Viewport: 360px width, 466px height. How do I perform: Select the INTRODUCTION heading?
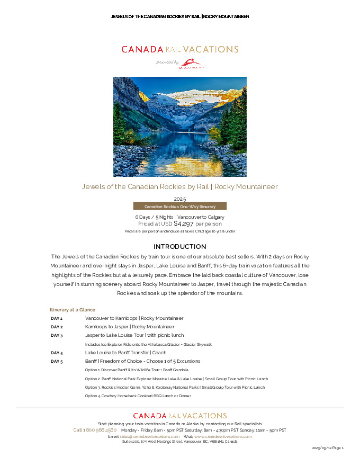(x=179, y=247)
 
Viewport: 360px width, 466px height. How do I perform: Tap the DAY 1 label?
(x=57, y=318)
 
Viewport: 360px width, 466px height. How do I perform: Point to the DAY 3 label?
(x=57, y=335)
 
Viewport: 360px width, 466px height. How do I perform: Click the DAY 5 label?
(x=57, y=361)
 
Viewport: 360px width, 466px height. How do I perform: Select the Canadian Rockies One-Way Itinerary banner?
(x=179, y=206)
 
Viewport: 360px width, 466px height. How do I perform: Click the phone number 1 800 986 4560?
(x=95, y=430)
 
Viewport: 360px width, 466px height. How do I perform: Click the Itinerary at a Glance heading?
(x=73, y=309)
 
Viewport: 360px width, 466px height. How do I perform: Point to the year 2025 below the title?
(x=179, y=199)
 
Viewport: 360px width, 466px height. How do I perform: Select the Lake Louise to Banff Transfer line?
(x=125, y=353)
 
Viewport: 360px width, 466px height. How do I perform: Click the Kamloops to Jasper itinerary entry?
(x=129, y=327)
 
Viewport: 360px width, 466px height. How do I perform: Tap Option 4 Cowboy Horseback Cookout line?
(x=138, y=396)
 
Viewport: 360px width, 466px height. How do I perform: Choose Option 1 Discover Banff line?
(x=136, y=370)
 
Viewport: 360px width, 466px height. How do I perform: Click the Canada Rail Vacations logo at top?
(x=179, y=49)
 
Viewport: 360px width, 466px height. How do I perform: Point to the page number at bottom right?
(x=328, y=449)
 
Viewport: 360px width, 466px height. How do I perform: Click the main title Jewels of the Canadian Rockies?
(x=179, y=186)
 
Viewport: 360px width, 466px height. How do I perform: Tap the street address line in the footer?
(x=179, y=441)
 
